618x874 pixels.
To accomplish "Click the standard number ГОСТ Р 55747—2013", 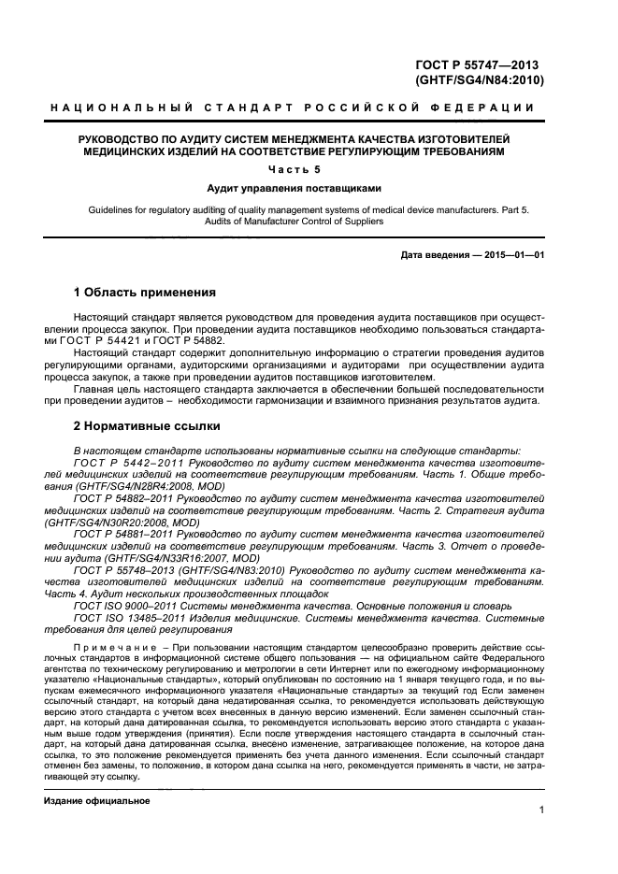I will (479, 64).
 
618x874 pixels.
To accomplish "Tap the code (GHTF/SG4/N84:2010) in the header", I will (479, 80).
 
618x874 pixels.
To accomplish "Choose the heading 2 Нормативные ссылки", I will (147, 426).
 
